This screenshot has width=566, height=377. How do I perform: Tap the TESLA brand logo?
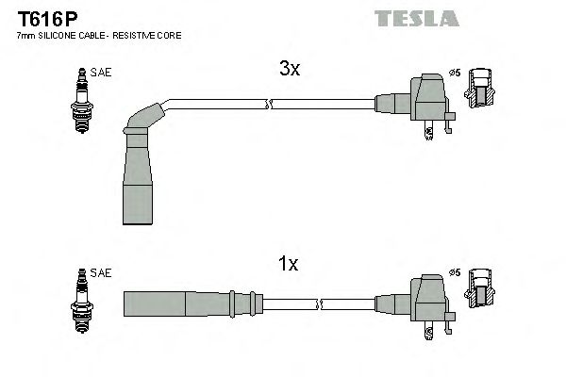click(416, 18)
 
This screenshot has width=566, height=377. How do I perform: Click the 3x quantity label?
click(289, 70)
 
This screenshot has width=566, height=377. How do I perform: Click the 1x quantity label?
click(289, 265)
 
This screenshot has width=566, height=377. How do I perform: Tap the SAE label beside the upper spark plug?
click(101, 72)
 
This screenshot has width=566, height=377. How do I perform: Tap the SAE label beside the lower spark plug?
click(101, 272)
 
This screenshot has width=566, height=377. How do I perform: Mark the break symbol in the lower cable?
click(321, 303)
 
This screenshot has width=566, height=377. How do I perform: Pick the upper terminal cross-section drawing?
click(483, 90)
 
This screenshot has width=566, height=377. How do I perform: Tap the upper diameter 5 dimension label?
click(454, 72)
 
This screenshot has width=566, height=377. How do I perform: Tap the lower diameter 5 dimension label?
click(454, 272)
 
